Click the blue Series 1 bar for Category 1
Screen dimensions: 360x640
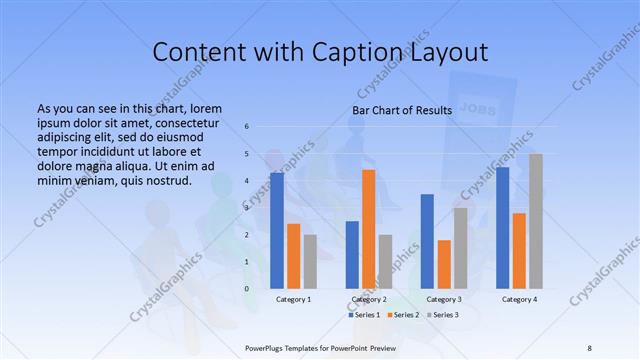[x=277, y=230]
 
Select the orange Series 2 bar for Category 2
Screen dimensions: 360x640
[x=368, y=229]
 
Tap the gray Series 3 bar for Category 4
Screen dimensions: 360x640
[x=536, y=221]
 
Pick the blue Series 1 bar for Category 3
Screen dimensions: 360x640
[x=427, y=241]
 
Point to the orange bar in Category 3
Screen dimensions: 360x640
[x=444, y=264]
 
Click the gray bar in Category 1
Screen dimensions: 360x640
[x=310, y=261]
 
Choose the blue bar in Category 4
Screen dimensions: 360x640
[x=503, y=227]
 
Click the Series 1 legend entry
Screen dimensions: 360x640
[x=367, y=315]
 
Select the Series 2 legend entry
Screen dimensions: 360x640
[x=403, y=315]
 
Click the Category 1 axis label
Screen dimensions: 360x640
[x=293, y=299]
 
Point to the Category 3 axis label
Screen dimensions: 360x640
[x=444, y=299]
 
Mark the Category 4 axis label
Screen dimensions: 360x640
[x=519, y=299]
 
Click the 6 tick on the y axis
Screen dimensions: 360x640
[x=247, y=127]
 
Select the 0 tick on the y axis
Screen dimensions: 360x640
[x=247, y=289]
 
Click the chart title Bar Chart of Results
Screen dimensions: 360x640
[x=402, y=110]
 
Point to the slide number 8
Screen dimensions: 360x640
[x=589, y=347]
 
